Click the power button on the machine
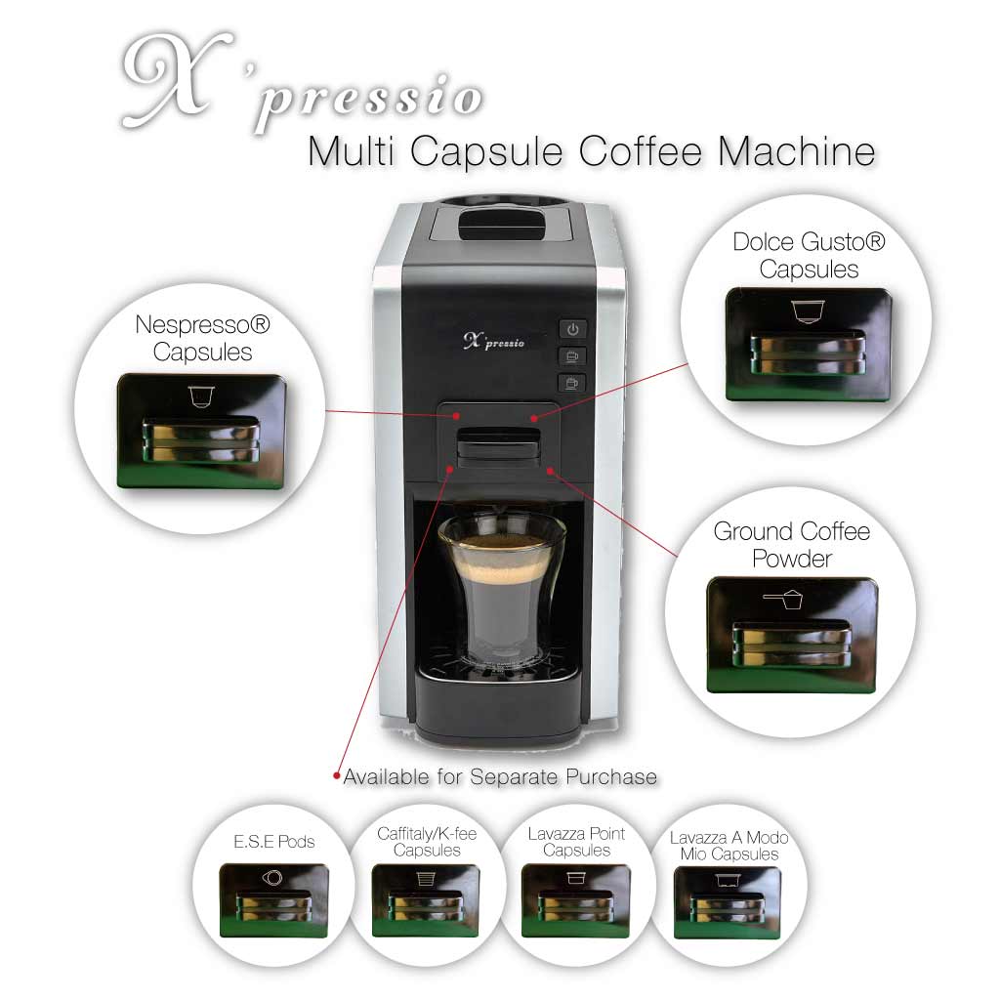572,330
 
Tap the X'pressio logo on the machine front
493,341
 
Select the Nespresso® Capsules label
202,338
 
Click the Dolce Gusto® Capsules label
809,255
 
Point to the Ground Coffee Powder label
791,545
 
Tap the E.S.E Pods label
276,842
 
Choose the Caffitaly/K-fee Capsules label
427,842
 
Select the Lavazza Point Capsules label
576,842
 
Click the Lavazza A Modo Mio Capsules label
729,846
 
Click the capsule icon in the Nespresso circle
201,396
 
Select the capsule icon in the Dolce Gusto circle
807,311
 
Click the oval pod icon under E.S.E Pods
274,878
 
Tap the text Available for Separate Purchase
500,777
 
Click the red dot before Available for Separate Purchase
338,777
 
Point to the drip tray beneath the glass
501,684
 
